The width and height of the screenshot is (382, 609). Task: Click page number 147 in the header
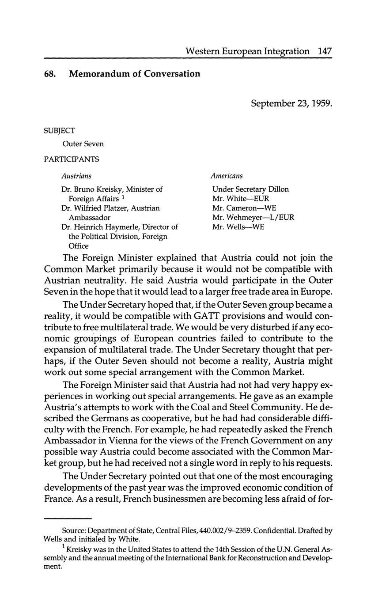click(324, 51)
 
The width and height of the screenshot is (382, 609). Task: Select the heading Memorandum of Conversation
click(134, 74)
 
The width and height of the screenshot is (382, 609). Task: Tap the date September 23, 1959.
click(291, 103)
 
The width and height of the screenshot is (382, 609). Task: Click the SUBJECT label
click(59, 131)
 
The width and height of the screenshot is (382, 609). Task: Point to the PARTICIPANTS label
click(71, 159)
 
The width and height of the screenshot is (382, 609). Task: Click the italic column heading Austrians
click(76, 176)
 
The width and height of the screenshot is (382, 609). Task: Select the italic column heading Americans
click(227, 176)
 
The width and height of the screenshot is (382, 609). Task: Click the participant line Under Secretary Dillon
click(250, 189)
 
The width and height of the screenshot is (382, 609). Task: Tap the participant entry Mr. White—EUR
click(240, 199)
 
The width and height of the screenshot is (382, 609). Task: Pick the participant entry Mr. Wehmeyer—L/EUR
click(253, 217)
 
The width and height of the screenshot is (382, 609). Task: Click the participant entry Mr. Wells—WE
click(238, 227)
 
